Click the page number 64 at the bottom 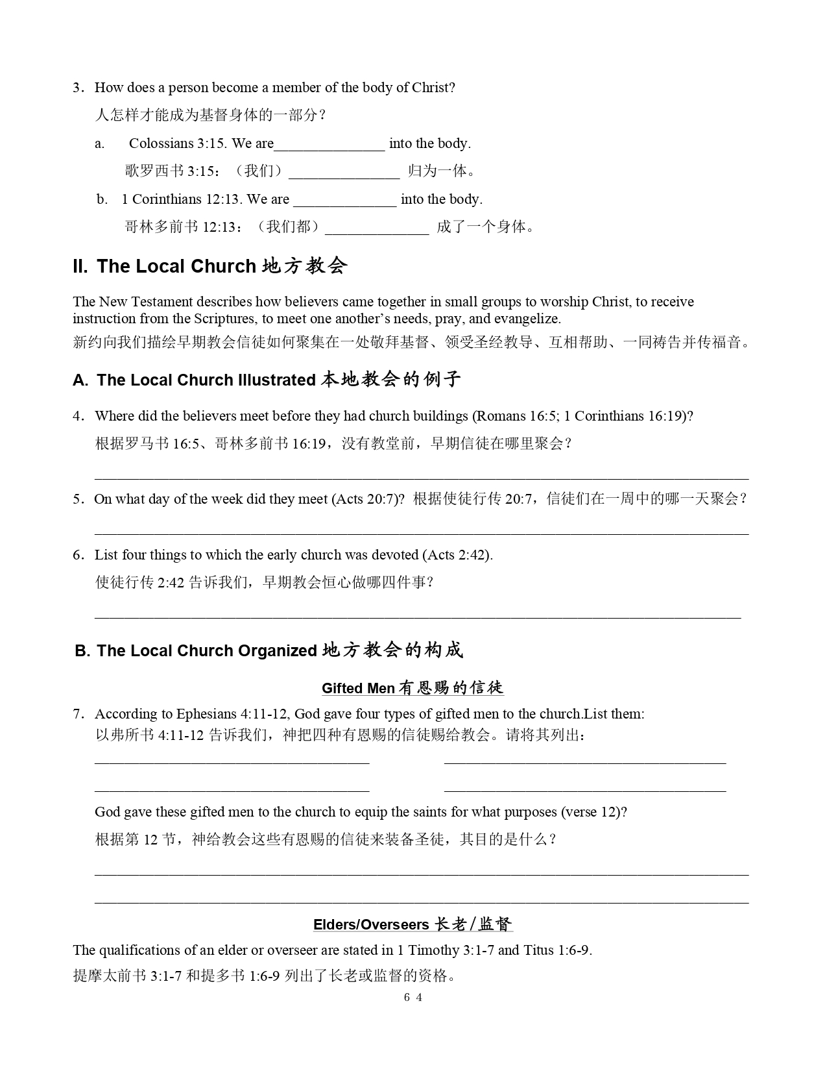[413, 998]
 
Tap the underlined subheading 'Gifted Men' [358, 688]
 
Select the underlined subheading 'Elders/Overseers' [371, 924]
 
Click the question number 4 [78, 416]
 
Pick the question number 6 [78, 555]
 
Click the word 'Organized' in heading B [278, 651]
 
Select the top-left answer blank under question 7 [232, 761]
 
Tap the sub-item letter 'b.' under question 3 [102, 199]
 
